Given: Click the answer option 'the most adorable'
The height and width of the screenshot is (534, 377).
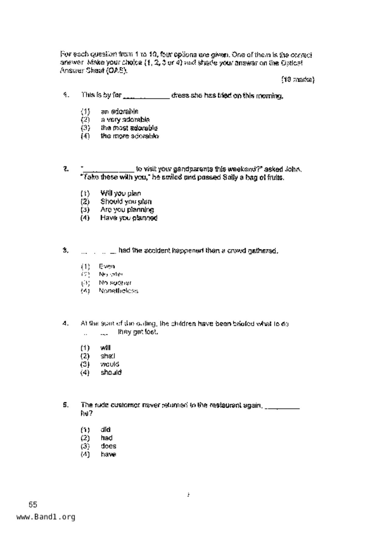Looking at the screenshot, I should pyautogui.click(x=129, y=128).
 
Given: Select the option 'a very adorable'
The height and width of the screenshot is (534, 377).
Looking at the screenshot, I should pyautogui.click(x=125, y=120).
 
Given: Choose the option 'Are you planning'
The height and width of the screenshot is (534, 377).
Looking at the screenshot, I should pyautogui.click(x=127, y=210).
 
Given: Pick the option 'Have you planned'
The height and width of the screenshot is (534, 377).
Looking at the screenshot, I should pyautogui.click(x=129, y=218).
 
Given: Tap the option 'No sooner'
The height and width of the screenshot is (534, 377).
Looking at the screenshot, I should pyautogui.click(x=115, y=283).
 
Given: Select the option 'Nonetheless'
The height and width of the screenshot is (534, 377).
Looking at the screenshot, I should pyautogui.click(x=118, y=291).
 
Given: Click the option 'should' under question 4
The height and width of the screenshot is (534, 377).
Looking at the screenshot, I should pyautogui.click(x=111, y=372).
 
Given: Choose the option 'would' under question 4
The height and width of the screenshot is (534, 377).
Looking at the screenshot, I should pyautogui.click(x=110, y=364).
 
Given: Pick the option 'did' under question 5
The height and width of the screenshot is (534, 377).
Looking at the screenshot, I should pyautogui.click(x=105, y=430).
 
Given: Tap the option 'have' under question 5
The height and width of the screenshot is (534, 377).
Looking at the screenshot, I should pyautogui.click(x=108, y=454).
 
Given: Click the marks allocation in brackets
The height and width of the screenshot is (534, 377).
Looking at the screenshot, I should pyautogui.click(x=298, y=80).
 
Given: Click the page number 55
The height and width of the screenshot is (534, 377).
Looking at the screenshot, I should pyautogui.click(x=33, y=504).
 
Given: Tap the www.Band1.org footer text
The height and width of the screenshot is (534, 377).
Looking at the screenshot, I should pyautogui.click(x=46, y=517).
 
